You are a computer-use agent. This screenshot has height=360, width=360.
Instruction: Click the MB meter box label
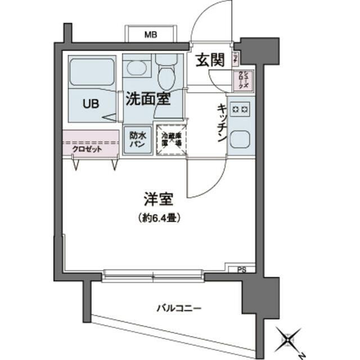150,35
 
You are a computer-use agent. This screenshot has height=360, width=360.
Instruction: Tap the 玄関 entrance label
210,61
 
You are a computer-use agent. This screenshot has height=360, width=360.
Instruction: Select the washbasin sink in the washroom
137,69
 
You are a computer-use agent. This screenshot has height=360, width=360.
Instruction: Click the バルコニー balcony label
179,308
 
